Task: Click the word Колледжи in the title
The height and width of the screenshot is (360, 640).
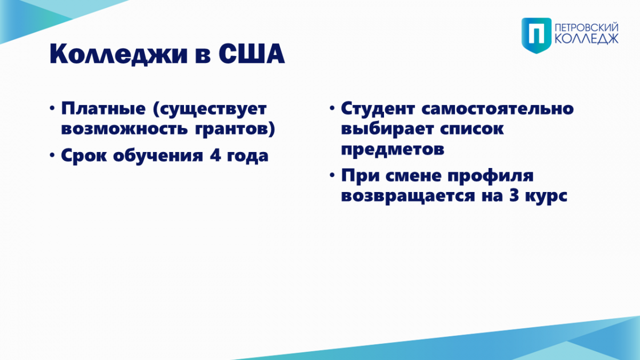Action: [118, 54]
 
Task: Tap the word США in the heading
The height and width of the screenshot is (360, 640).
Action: [252, 54]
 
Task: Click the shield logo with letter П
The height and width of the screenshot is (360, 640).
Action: [537, 35]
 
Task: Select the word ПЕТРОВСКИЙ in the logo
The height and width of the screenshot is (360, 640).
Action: [587, 28]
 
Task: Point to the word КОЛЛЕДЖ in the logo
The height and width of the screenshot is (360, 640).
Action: [587, 39]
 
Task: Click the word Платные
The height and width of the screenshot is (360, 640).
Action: [103, 109]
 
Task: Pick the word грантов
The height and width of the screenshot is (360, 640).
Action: [231, 130]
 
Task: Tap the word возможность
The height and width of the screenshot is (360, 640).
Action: [124, 130]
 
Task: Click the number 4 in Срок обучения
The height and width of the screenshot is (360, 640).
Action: [215, 155]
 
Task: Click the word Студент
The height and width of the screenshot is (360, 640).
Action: [378, 109]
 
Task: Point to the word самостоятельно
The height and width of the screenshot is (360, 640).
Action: [498, 109]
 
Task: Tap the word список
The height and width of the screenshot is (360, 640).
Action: [471, 130]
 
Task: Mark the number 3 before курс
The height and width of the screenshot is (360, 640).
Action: [514, 196]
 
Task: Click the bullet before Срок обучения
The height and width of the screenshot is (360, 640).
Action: [52, 155]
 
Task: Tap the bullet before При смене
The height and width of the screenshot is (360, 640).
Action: [332, 175]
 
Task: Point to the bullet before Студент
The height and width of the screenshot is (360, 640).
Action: [332, 108]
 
